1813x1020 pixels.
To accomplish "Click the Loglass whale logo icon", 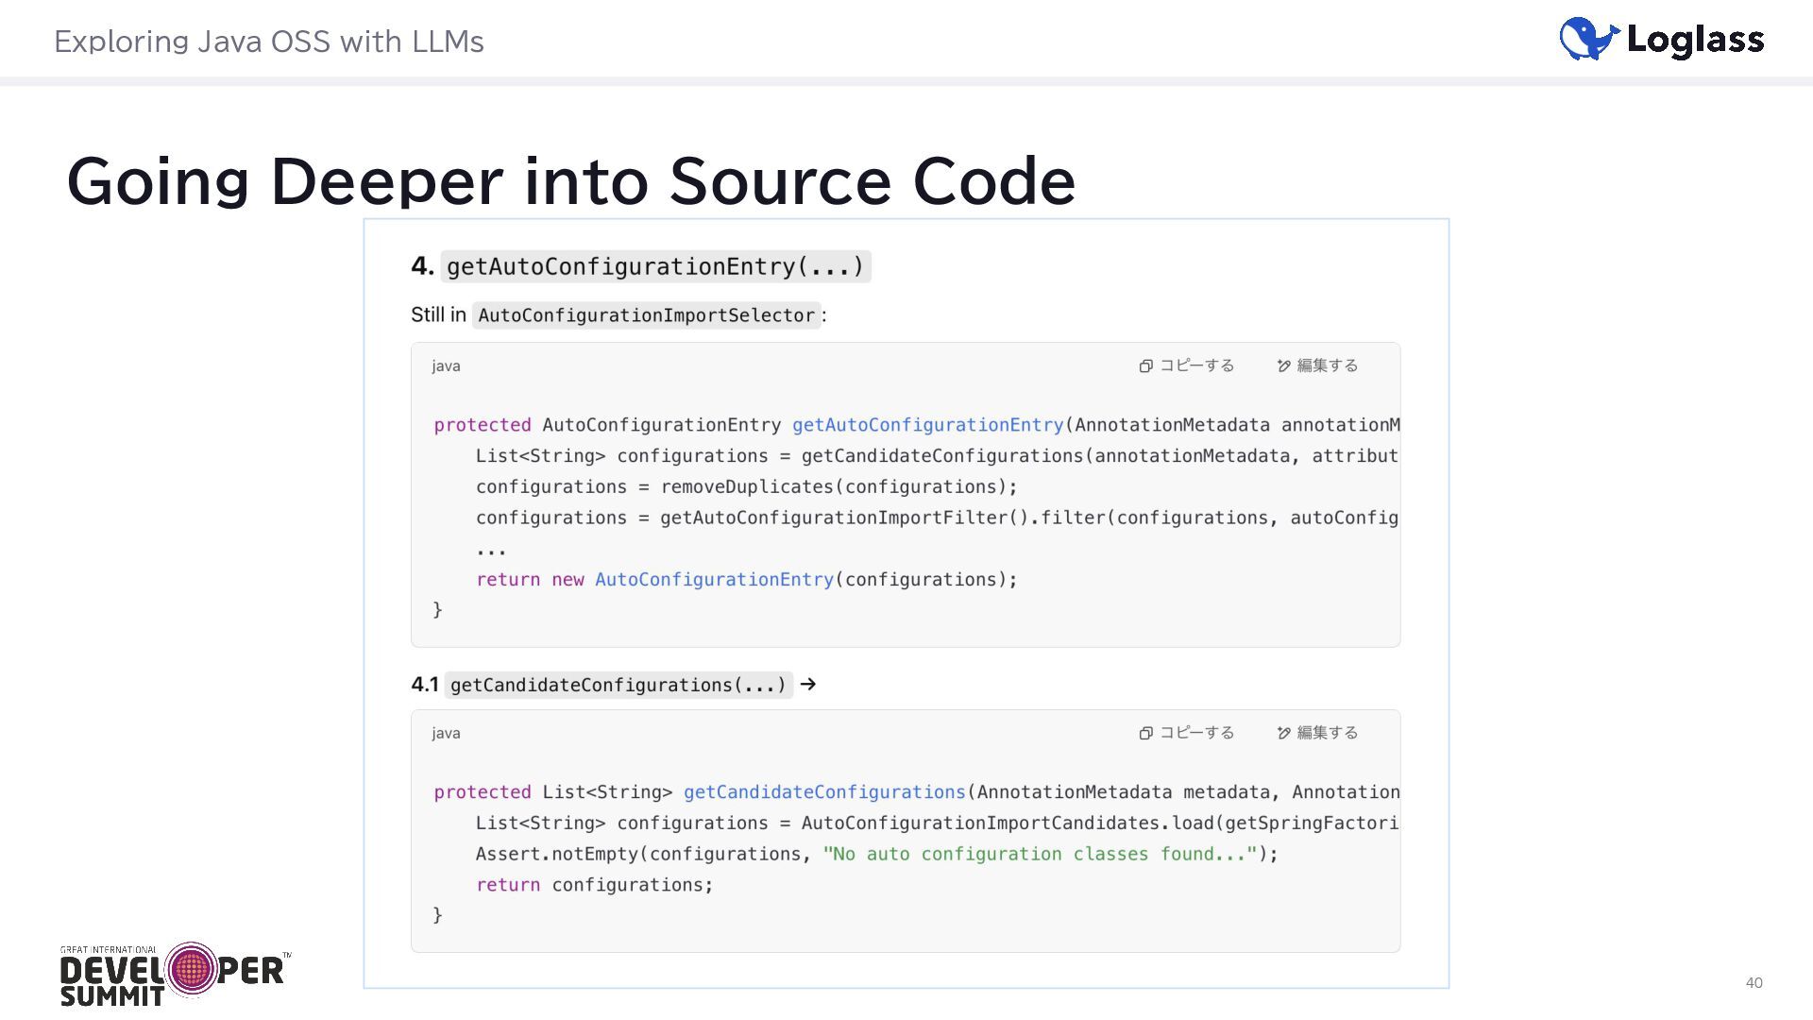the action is pyautogui.click(x=1588, y=39).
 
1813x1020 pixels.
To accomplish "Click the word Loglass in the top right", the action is pyautogui.click(x=1695, y=40).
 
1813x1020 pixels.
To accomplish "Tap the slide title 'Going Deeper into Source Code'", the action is pyautogui.click(x=570, y=180).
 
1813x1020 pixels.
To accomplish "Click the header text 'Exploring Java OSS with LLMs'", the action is pyautogui.click(x=268, y=42).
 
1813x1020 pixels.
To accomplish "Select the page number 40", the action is pyautogui.click(x=1754, y=982).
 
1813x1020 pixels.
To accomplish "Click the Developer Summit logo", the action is pyautogui.click(x=175, y=973).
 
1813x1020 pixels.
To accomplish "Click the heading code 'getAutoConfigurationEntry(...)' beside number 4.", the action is pyautogui.click(x=654, y=266).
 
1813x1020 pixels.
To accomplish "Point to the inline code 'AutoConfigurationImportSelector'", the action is pyautogui.click(x=646, y=315).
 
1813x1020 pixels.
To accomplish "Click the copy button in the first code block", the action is pyautogui.click(x=1186, y=365).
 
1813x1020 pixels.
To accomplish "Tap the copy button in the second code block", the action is pyautogui.click(x=1186, y=733).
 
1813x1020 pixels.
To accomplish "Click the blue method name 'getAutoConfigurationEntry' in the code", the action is pyautogui.click(x=927, y=425).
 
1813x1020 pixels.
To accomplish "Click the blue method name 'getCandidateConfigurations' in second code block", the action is pyautogui.click(x=824, y=792).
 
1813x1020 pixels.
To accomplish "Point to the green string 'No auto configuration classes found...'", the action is pyautogui.click(x=1040, y=855).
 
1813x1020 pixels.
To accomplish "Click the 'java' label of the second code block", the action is pyautogui.click(x=446, y=733).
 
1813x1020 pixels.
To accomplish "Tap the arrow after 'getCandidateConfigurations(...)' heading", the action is pyautogui.click(x=807, y=685).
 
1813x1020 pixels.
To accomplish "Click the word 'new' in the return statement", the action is pyautogui.click(x=568, y=580).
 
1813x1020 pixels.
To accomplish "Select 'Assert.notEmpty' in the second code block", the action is pyautogui.click(x=557, y=855).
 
